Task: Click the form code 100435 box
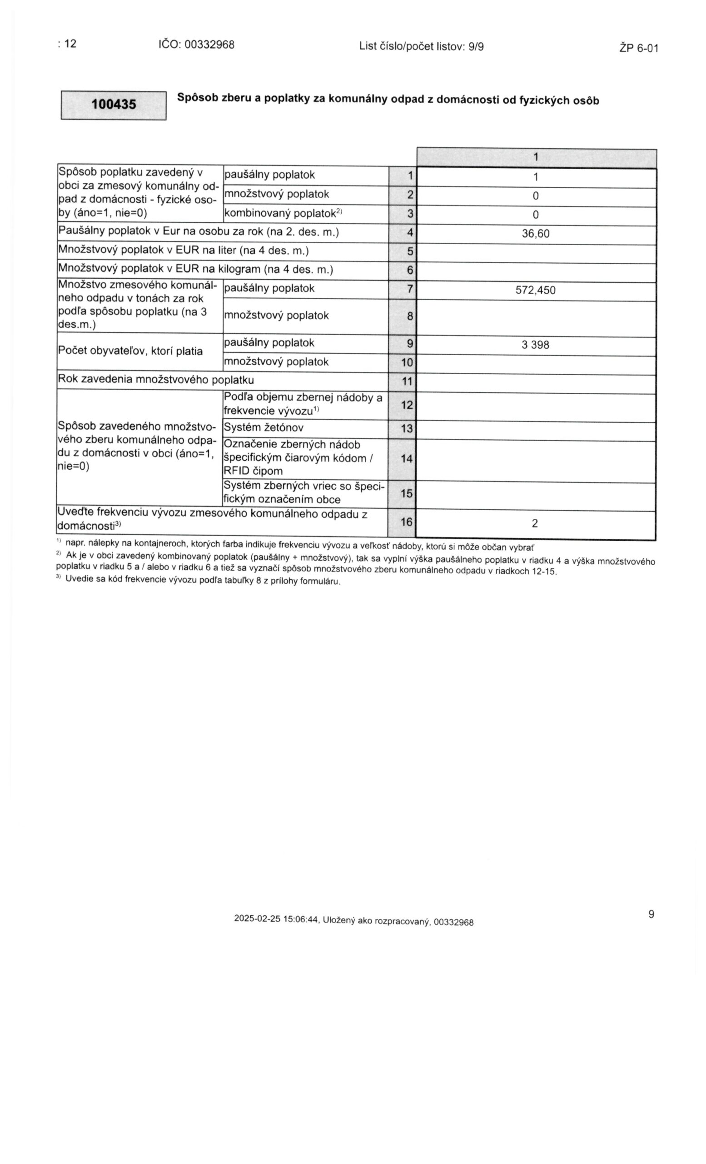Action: pyautogui.click(x=113, y=105)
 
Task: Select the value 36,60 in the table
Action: pyautogui.click(x=535, y=234)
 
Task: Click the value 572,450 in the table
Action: pyautogui.click(x=535, y=290)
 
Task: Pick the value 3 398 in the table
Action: pyautogui.click(x=535, y=345)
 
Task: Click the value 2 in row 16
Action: pyautogui.click(x=535, y=523)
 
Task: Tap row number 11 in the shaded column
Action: pyautogui.click(x=406, y=381)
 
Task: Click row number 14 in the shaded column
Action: pyautogui.click(x=406, y=458)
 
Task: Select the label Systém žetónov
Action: pyautogui.click(x=264, y=428)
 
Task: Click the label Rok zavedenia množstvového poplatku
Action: pyautogui.click(x=156, y=380)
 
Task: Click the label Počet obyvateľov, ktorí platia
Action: pyautogui.click(x=130, y=351)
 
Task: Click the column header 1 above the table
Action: pyautogui.click(x=536, y=157)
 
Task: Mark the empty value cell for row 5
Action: pyautogui.click(x=536, y=253)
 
